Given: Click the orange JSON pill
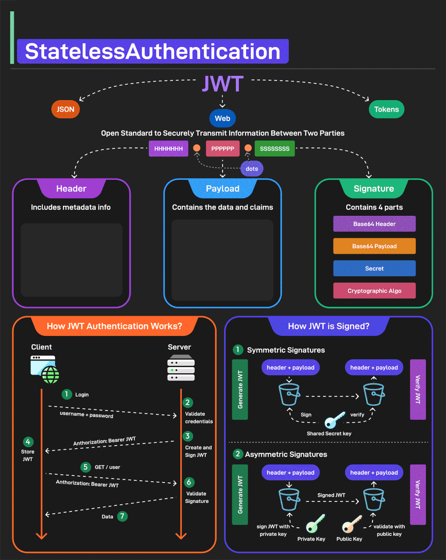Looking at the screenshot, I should point(66,109).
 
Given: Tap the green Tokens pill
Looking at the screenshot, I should point(386,109).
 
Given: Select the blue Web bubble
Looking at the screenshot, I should point(222,118).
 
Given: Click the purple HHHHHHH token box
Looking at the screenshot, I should point(168,149).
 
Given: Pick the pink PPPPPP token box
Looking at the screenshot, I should point(223,149).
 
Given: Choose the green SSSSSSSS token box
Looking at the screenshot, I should point(275,149).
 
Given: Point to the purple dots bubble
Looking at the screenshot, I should point(252,169).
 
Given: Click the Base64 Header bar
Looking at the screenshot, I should point(374,224).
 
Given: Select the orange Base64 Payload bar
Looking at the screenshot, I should point(374,246).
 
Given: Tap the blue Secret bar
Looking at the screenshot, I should point(374,269).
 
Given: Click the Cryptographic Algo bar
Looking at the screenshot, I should point(374,291).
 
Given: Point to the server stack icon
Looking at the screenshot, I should point(181,368).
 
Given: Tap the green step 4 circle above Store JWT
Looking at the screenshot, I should point(28,442).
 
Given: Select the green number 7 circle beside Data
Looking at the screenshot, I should point(122,516).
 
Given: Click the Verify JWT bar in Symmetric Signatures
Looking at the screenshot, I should point(418,389).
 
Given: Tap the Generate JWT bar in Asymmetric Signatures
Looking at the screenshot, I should point(240,495).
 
